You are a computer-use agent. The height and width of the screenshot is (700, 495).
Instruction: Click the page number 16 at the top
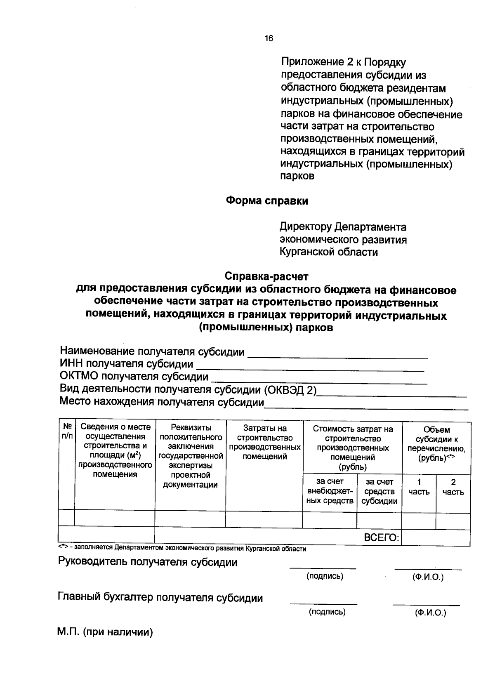click(x=269, y=39)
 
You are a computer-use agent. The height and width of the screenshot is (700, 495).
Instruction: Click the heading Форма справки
click(x=267, y=201)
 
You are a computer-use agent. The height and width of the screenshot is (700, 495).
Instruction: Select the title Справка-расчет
click(x=266, y=276)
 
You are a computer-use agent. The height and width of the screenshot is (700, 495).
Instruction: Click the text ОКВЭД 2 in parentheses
click(x=290, y=390)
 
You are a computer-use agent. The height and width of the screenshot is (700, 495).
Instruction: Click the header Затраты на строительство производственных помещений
click(x=264, y=442)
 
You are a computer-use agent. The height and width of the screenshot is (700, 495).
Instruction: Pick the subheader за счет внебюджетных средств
click(x=330, y=492)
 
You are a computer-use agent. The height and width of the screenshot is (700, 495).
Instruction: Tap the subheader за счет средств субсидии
click(x=379, y=492)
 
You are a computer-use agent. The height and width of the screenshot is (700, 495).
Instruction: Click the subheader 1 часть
click(x=419, y=487)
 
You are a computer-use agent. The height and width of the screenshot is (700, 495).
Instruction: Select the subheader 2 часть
click(x=453, y=487)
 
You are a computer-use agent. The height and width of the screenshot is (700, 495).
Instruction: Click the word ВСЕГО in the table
click(x=381, y=537)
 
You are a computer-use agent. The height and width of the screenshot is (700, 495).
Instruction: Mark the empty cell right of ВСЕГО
click(x=436, y=538)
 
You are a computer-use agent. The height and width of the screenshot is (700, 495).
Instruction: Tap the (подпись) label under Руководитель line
click(x=325, y=576)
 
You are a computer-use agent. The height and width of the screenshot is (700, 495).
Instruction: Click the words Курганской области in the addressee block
click(x=328, y=252)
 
